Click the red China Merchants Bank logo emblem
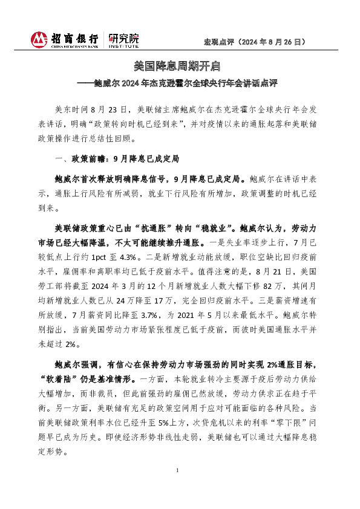pyautogui.click(x=39, y=40)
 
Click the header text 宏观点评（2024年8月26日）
pyautogui.click(x=254, y=42)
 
